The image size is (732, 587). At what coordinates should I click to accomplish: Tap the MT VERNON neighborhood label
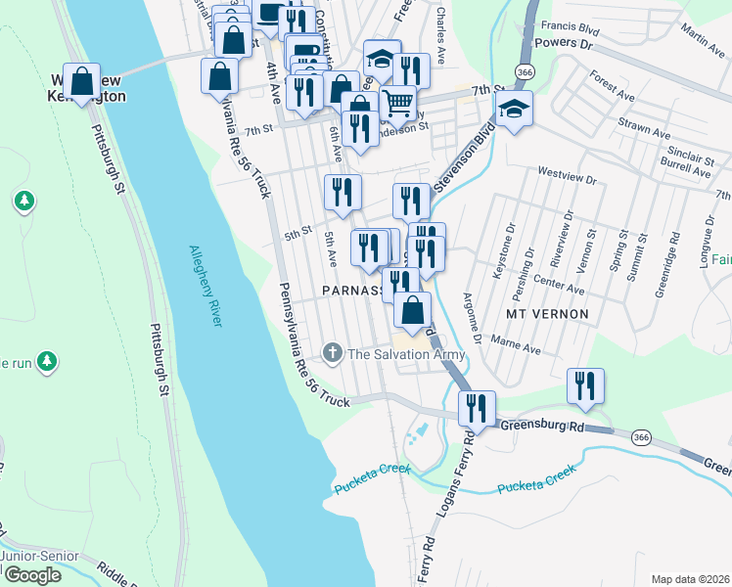(x=547, y=314)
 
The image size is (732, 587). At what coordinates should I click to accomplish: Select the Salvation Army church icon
(x=332, y=353)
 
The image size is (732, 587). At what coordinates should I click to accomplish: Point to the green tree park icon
(x=24, y=202)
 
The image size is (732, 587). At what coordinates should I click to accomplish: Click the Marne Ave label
(x=518, y=347)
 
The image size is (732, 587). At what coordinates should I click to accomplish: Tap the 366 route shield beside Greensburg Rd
(x=641, y=436)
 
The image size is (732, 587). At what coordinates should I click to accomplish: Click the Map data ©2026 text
(x=689, y=579)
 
